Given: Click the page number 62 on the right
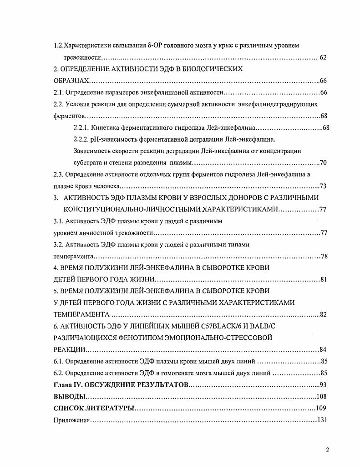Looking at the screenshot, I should pyautogui.click(x=323, y=57).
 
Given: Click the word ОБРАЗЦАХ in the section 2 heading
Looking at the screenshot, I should pyautogui.click(x=71, y=81).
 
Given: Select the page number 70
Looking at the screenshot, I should pyautogui.click(x=324, y=163).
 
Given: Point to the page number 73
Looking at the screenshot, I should pyautogui.click(x=324, y=186).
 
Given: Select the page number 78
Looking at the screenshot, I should pyautogui.click(x=324, y=256).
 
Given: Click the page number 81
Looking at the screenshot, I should pyautogui.click(x=324, y=279).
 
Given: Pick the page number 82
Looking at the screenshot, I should pyautogui.click(x=324, y=314).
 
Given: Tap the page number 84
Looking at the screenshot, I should pyautogui.click(x=323, y=350).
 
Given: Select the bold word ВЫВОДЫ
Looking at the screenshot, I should pyautogui.click(x=69, y=396).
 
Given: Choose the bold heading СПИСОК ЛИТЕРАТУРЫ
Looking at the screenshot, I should pyautogui.click(x=93, y=408).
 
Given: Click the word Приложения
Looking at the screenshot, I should pyautogui.click(x=71, y=420).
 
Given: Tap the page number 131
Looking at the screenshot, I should pyautogui.click(x=322, y=420).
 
